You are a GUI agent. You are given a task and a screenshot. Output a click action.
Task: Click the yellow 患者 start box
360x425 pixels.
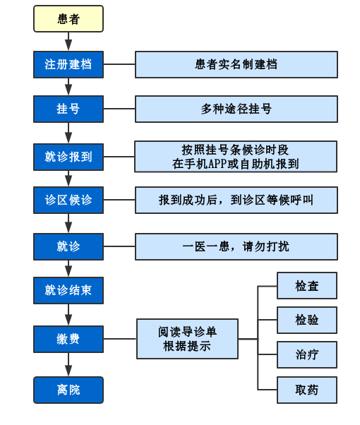(x=68, y=19)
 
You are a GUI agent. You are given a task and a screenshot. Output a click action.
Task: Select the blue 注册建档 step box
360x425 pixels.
(x=68, y=64)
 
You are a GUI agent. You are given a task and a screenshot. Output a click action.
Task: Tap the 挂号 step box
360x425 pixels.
(x=68, y=109)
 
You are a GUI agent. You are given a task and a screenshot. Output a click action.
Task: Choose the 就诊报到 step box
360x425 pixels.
(x=68, y=157)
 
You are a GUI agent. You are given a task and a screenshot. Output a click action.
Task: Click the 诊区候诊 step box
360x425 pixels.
(x=68, y=200)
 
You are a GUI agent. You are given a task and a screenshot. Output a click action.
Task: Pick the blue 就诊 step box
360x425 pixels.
(x=68, y=246)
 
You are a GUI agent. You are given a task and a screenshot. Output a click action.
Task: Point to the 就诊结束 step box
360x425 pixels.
(x=68, y=290)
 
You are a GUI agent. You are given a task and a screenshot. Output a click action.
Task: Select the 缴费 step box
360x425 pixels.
(x=68, y=339)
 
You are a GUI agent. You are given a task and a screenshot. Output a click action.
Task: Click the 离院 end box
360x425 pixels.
(x=68, y=390)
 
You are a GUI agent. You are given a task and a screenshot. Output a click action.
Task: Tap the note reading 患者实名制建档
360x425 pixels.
(x=236, y=64)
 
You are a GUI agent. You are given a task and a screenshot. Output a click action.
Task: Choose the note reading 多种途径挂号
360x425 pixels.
(x=236, y=109)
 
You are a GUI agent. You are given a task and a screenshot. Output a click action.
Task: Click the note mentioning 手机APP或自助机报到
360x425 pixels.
(x=236, y=157)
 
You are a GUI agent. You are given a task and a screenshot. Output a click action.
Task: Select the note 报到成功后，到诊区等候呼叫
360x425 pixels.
(x=236, y=200)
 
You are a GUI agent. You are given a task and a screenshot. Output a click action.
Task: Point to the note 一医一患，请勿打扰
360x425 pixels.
(x=236, y=246)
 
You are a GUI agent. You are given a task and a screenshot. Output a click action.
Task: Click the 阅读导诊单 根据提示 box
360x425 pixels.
(x=187, y=339)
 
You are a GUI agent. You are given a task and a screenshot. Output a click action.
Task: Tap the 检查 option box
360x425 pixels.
(x=307, y=286)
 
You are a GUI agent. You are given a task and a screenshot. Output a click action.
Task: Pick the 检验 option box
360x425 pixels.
(x=307, y=320)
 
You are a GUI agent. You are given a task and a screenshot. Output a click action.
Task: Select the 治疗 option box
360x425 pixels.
(x=307, y=354)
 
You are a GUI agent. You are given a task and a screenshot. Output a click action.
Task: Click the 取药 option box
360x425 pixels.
(x=307, y=390)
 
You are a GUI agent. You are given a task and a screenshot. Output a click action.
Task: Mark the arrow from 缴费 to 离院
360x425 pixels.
(x=68, y=364)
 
